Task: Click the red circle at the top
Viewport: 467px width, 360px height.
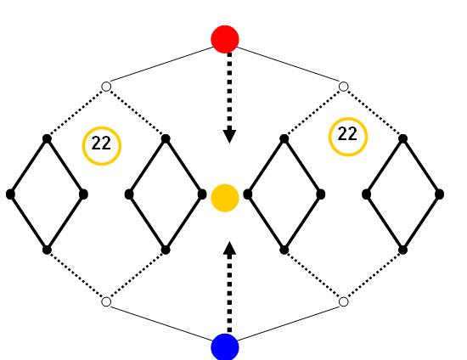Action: (x=225, y=39)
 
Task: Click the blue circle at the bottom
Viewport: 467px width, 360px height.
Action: (x=225, y=347)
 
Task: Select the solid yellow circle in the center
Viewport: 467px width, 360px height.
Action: (x=225, y=198)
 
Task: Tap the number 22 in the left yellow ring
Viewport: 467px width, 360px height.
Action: (x=101, y=143)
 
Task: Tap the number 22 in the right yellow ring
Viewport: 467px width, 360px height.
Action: (x=347, y=134)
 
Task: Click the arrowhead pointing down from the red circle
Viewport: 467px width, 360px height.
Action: (x=229, y=137)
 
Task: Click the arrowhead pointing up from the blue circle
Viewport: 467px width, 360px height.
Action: (x=229, y=248)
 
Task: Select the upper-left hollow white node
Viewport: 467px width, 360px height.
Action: (x=106, y=87)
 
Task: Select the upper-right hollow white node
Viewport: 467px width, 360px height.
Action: (x=343, y=87)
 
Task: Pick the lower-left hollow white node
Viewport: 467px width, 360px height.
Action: (x=106, y=301)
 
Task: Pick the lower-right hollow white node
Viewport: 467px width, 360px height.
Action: (x=343, y=301)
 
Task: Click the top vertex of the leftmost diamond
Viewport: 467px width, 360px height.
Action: (x=47, y=138)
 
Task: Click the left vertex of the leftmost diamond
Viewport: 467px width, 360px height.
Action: (x=10, y=194)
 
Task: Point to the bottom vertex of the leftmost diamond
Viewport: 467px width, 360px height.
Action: (x=47, y=250)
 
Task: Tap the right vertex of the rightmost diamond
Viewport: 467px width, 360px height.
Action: (x=439, y=194)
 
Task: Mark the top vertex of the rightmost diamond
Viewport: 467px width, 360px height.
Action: (x=402, y=138)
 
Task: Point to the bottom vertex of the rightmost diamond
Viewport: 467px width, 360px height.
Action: (x=402, y=250)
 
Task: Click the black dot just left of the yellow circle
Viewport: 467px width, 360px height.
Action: (x=202, y=194)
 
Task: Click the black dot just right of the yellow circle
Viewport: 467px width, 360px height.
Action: (x=248, y=194)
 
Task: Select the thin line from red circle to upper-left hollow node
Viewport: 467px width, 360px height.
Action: (x=161, y=65)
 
